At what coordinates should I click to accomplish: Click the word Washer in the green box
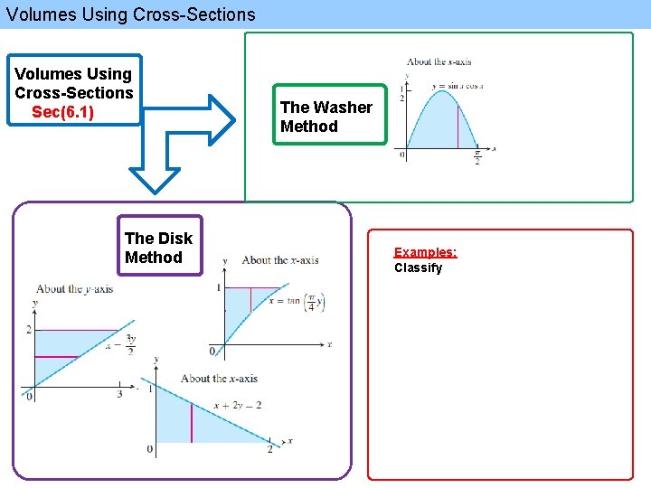[339, 108]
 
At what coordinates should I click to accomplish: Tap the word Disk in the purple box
[172, 239]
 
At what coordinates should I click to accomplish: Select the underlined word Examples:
[425, 252]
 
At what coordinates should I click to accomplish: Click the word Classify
[418, 268]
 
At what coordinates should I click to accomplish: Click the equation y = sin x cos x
[458, 86]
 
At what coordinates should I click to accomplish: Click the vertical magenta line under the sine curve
[458, 127]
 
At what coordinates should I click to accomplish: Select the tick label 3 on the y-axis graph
[119, 394]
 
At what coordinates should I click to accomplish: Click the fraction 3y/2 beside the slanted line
[130, 344]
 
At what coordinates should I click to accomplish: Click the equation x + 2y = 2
[237, 406]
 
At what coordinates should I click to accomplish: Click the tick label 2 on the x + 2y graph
[269, 449]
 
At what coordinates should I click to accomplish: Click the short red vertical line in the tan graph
[250, 299]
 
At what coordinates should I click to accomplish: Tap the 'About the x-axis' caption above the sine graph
[439, 62]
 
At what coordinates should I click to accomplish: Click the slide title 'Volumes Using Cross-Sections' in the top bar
[131, 14]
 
